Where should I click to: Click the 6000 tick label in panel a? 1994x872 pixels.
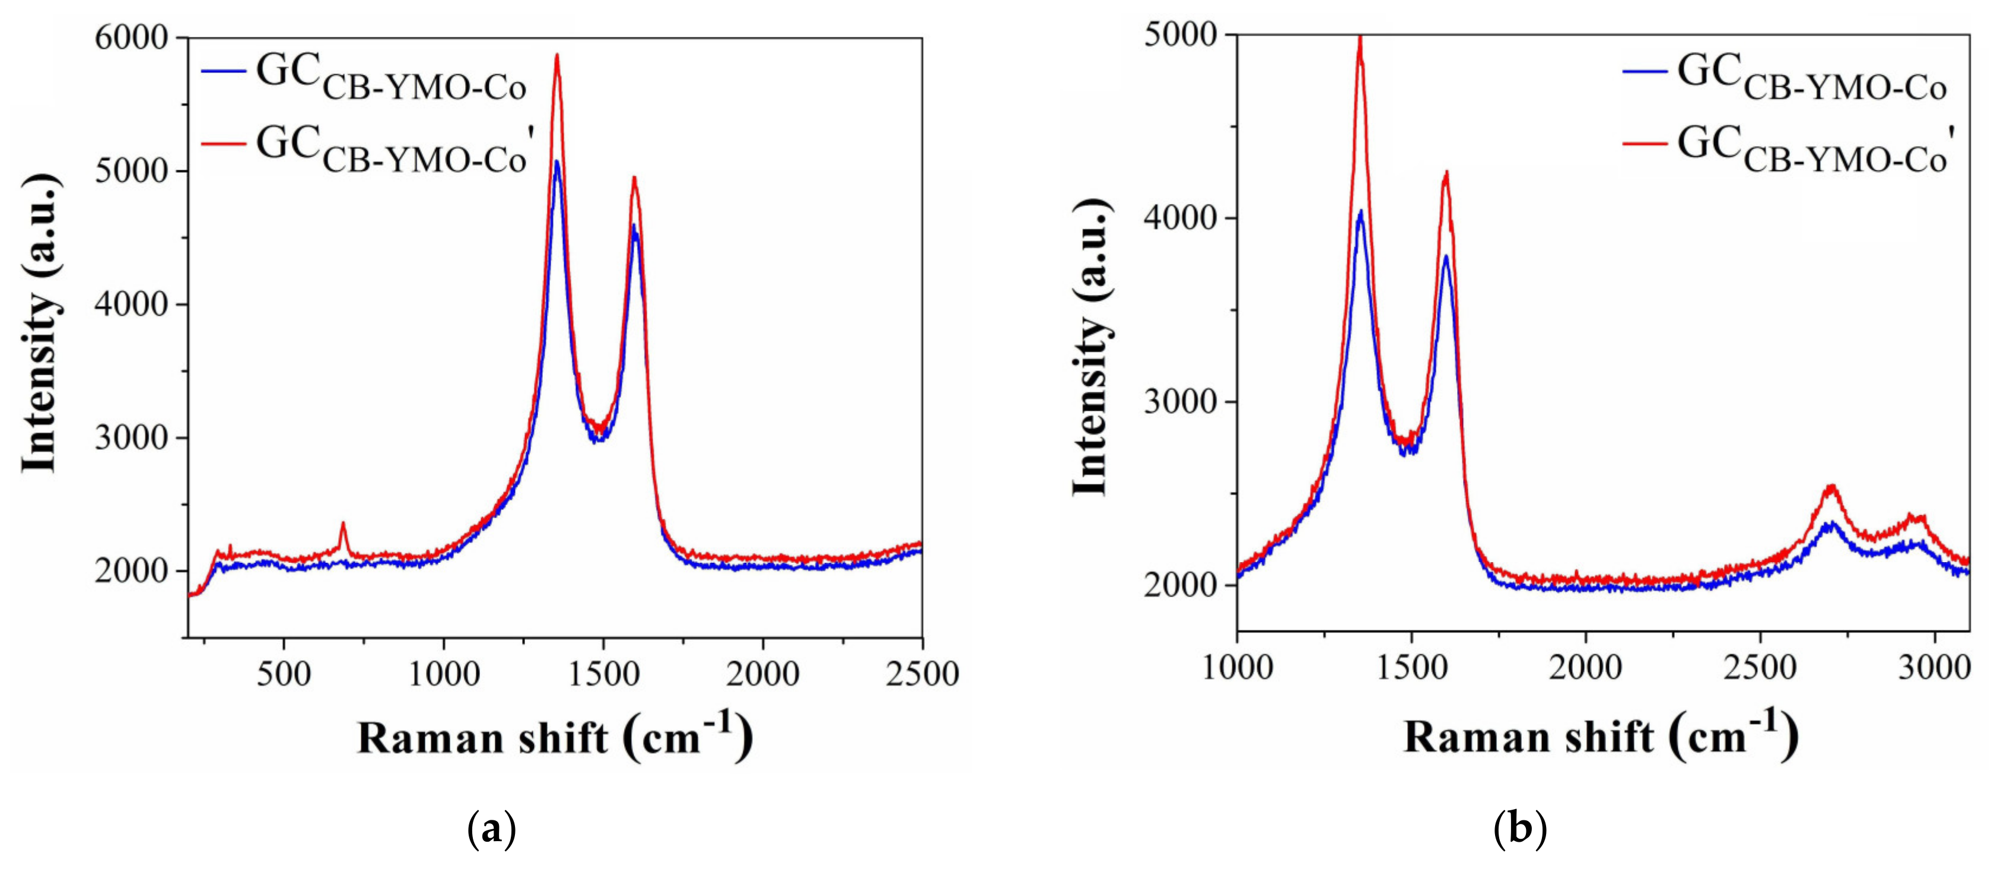click(132, 38)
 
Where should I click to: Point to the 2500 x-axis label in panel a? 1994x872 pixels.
click(922, 674)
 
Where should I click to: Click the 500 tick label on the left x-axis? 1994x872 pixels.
click(284, 674)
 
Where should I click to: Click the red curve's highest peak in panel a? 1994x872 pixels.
click(556, 56)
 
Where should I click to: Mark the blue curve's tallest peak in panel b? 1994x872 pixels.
click(1360, 211)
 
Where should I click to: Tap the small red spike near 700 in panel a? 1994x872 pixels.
click(342, 524)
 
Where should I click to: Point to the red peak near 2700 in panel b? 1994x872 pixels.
click(1831, 486)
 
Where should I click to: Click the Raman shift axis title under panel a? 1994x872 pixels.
click(554, 737)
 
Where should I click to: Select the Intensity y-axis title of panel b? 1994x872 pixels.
click(1092, 347)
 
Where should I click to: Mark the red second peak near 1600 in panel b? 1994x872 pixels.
click(1445, 173)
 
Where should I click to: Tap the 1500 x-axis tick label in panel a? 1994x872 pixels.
click(603, 674)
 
